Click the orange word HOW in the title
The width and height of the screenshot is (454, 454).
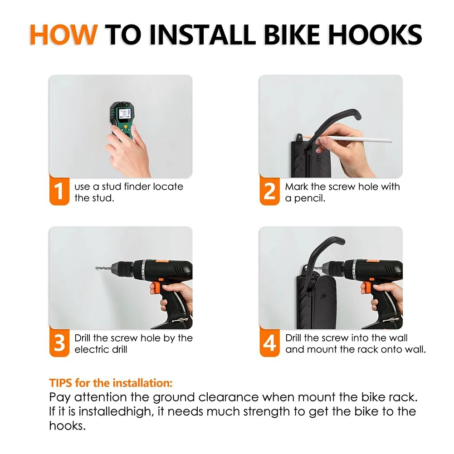click(x=63, y=34)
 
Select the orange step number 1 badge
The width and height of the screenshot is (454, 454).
click(x=59, y=190)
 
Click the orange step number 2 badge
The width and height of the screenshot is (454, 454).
click(x=269, y=190)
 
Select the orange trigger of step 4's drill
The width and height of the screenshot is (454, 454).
click(x=366, y=287)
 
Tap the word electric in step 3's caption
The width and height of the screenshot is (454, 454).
click(x=91, y=350)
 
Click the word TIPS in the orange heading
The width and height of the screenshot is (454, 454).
click(x=60, y=383)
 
